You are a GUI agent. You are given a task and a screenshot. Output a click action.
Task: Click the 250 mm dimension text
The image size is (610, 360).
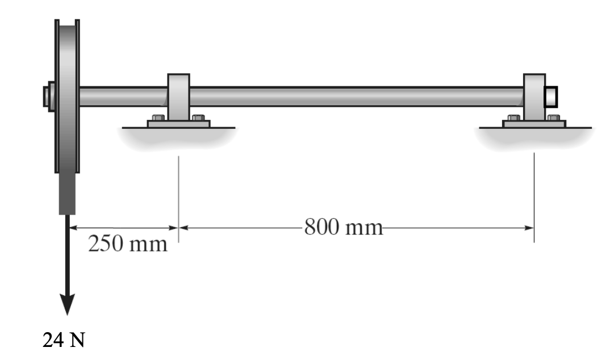(128, 245)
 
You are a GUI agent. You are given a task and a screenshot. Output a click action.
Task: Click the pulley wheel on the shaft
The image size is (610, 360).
(67, 97)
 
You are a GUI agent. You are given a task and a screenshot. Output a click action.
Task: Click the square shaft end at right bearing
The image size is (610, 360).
(551, 96)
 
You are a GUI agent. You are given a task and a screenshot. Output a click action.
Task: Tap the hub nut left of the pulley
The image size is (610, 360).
(47, 97)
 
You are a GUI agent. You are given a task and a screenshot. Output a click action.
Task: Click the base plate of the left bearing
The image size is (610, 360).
(178, 123)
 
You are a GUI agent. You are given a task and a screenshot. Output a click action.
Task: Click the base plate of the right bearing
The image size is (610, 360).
(534, 123)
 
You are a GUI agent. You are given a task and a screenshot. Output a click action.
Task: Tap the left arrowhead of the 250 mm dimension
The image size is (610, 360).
(72, 228)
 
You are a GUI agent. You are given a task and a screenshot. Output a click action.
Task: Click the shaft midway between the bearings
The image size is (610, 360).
(356, 96)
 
